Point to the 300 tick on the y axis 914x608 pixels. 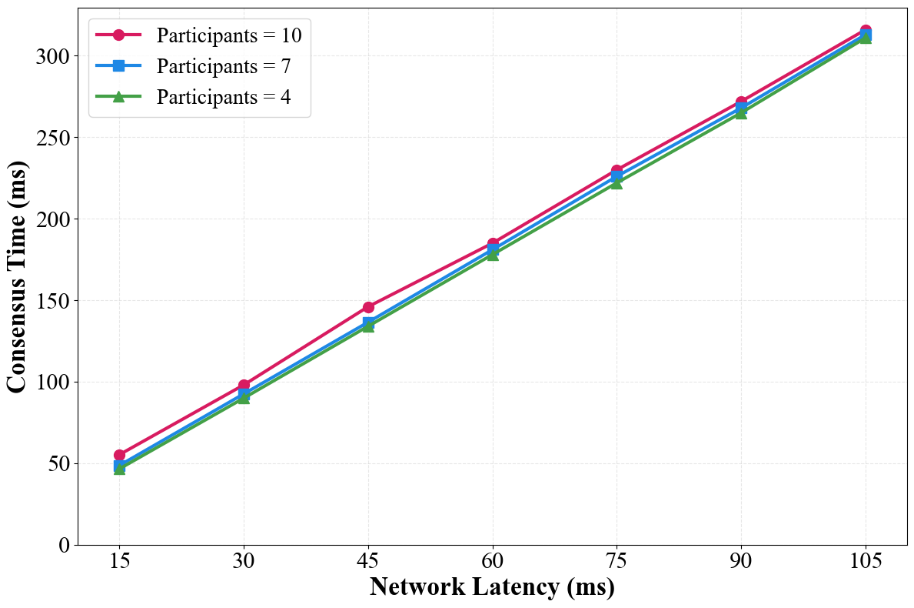point(53,56)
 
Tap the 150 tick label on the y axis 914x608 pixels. point(53,301)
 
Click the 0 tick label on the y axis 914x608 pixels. point(64,545)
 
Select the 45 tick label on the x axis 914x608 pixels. point(368,562)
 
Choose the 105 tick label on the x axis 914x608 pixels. point(866,562)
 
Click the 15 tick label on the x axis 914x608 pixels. point(119,562)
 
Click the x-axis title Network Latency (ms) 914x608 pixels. point(492,587)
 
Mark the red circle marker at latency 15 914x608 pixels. point(119,456)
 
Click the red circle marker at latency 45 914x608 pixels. point(368,307)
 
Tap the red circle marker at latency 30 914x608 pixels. point(244,386)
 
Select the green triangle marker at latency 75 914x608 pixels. point(617,183)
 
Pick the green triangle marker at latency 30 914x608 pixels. point(244,398)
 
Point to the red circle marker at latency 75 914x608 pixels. point(617,170)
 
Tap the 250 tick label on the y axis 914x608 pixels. point(53,138)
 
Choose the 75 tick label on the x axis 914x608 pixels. point(617,562)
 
